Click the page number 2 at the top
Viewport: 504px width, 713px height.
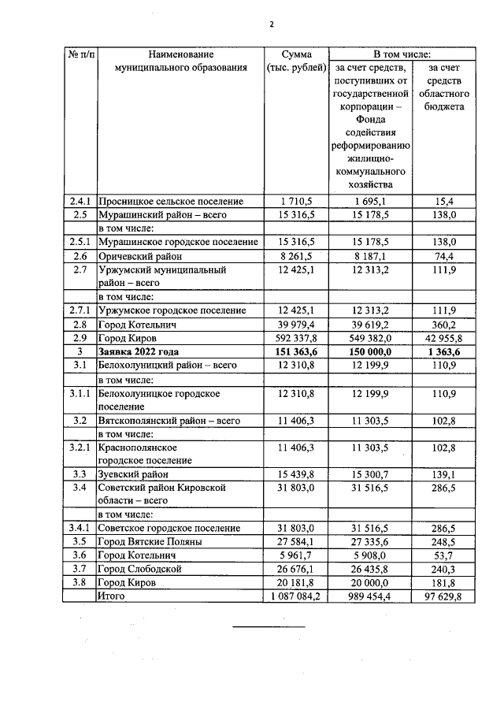point(270,24)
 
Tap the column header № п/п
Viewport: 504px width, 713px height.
point(80,54)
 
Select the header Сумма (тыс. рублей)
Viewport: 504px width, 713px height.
point(295,61)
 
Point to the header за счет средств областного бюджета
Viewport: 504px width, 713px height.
point(441,87)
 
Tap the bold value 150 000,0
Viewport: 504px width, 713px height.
point(369,351)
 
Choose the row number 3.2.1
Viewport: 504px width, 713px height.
point(80,447)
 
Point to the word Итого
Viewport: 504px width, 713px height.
point(111,596)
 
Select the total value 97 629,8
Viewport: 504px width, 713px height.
point(441,596)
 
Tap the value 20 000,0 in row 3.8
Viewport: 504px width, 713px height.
point(369,583)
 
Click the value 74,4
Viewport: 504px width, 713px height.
point(441,256)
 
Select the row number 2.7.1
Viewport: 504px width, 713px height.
point(80,310)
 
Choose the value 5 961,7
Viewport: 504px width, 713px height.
point(295,555)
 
